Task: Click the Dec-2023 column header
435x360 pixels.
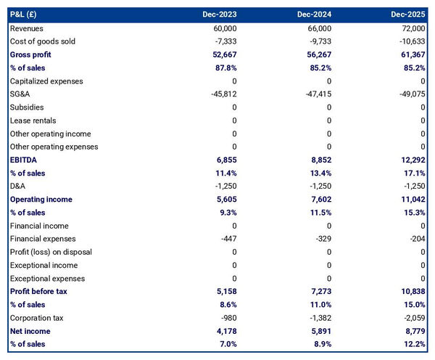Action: pyautogui.click(x=218, y=15)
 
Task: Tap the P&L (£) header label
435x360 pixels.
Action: pyautogui.click(x=28, y=15)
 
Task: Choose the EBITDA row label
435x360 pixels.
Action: pyautogui.click(x=23, y=160)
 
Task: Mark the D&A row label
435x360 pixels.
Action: pyautogui.click(x=18, y=186)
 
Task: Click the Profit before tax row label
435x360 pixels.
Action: pyautogui.click(x=38, y=292)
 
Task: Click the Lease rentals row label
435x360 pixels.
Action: pyautogui.click(x=33, y=120)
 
